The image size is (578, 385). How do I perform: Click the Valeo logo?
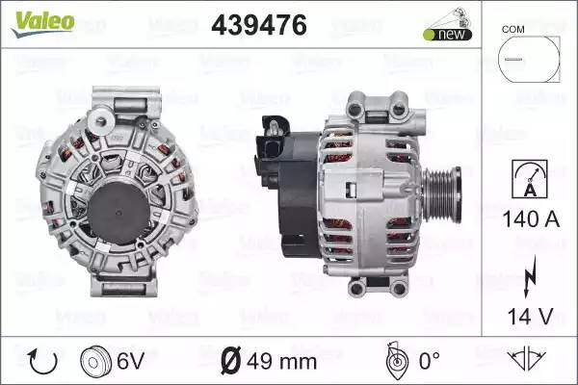43,23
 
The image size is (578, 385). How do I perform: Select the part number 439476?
259,25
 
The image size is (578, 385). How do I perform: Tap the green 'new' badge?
448,35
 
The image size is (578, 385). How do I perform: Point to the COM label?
512,30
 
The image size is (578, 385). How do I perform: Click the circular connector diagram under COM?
529,59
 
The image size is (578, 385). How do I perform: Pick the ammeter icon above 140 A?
530,179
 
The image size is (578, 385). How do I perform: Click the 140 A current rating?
531,219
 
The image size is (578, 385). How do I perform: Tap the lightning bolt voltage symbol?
530,276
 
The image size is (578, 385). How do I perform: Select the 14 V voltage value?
531,317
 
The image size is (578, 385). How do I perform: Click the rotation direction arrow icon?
42,362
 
